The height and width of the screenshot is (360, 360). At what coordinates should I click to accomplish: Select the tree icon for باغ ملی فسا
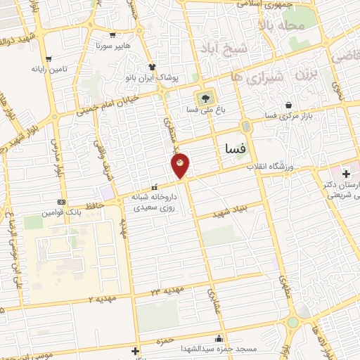tap(205, 98)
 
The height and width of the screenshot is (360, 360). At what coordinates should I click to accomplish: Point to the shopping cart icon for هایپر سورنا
tap(112, 34)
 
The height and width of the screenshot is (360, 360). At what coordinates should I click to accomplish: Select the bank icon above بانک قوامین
tap(61, 201)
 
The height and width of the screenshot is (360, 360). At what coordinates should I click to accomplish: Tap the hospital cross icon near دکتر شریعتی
tap(346, 173)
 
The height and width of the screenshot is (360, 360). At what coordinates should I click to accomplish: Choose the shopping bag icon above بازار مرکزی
tap(289, 105)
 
